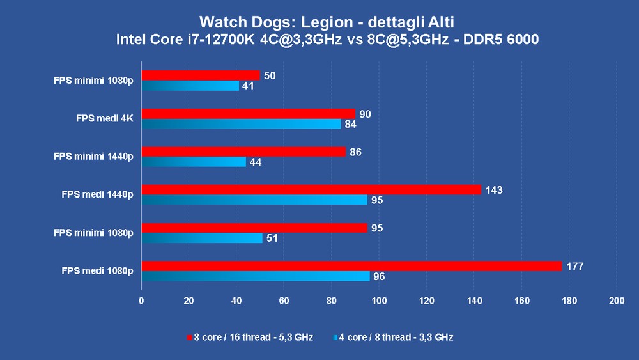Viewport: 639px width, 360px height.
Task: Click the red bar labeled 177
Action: click(x=351, y=266)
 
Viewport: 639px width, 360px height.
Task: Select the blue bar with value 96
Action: click(x=256, y=276)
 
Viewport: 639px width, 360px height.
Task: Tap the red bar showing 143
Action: click(x=311, y=189)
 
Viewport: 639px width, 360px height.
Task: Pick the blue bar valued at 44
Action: click(x=194, y=162)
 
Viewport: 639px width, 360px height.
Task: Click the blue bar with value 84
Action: click(x=241, y=124)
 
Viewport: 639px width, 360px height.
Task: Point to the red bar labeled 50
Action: click(x=201, y=75)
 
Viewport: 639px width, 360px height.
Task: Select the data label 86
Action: click(x=356, y=152)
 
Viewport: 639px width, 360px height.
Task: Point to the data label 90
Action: click(x=366, y=114)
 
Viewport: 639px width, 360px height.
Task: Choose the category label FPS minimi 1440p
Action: click(x=93, y=157)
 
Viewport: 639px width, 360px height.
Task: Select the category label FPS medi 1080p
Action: click(x=98, y=271)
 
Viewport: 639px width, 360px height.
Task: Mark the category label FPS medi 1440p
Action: click(x=98, y=195)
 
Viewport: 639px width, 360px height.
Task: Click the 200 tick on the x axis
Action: click(x=617, y=300)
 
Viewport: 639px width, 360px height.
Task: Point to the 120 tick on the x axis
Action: click(x=427, y=300)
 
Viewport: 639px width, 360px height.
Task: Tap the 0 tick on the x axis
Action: click(x=142, y=300)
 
